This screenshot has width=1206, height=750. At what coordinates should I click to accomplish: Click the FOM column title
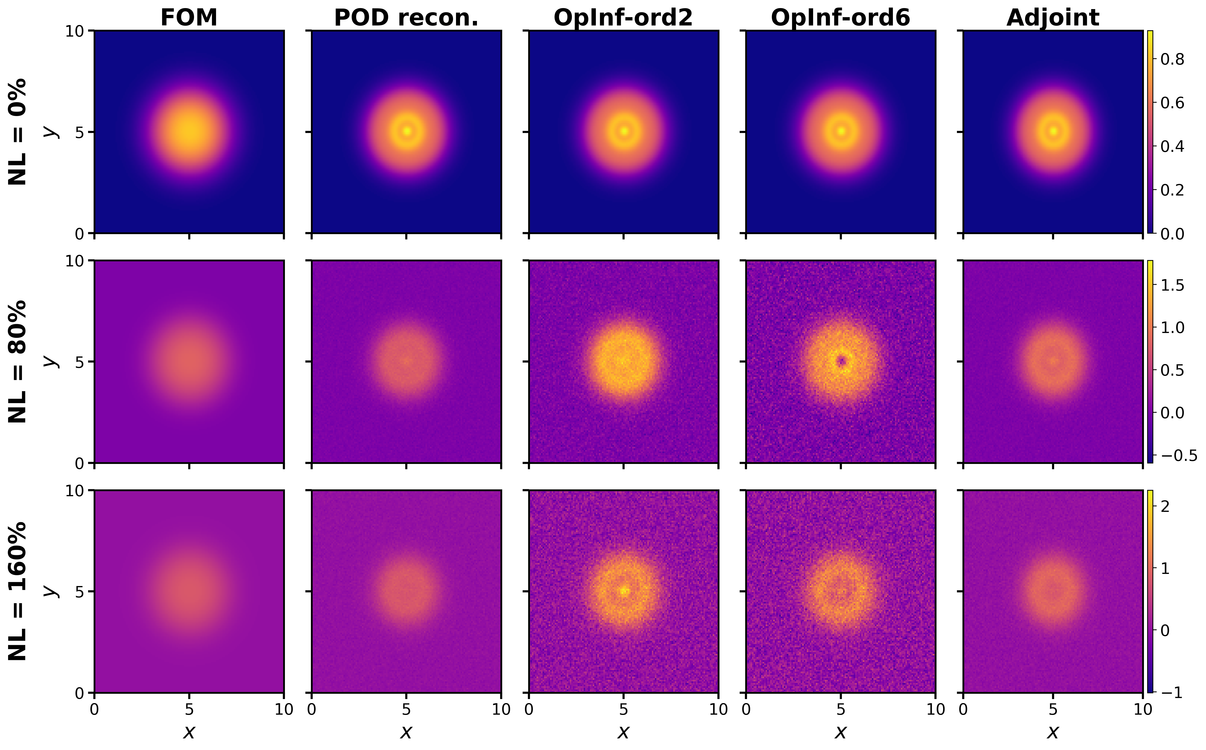click(x=189, y=18)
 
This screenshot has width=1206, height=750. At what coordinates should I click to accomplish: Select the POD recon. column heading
click(x=406, y=18)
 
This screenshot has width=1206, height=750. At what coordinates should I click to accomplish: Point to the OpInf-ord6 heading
click(x=840, y=18)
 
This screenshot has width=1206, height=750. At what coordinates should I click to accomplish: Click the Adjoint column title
click(x=1053, y=18)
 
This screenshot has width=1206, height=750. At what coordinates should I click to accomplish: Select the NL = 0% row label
click(x=18, y=131)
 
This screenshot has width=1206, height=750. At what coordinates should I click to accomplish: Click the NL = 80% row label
click(x=18, y=362)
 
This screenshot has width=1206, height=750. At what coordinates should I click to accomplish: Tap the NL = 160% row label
click(x=18, y=591)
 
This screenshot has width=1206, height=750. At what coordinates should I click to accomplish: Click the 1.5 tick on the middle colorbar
click(x=1172, y=285)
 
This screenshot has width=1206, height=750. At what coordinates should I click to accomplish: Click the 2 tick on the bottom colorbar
click(x=1165, y=507)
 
